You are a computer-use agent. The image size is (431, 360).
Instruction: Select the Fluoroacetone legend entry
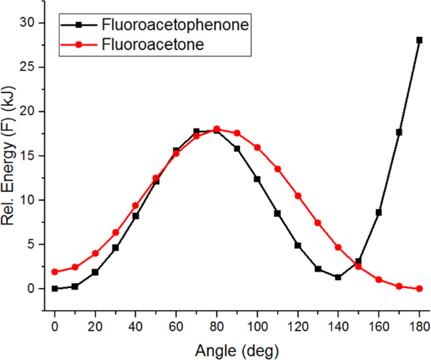click(154, 44)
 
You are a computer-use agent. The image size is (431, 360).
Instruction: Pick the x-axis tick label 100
click(257, 326)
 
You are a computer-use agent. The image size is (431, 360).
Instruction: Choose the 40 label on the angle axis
click(135, 326)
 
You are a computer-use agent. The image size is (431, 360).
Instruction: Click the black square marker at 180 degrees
click(420, 40)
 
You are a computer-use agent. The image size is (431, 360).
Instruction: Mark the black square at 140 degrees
click(338, 277)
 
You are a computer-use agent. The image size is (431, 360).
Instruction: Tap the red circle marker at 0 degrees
click(54, 272)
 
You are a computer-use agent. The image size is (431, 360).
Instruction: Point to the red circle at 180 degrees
click(420, 289)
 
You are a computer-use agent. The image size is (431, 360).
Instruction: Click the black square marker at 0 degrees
click(54, 289)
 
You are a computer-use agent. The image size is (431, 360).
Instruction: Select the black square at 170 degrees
click(399, 132)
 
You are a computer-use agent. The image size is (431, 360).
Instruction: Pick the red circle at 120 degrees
click(298, 196)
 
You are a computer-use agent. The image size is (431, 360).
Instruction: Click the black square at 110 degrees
click(277, 213)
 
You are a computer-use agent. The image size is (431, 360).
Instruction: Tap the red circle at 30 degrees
click(115, 232)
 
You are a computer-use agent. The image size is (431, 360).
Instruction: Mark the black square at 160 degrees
click(379, 212)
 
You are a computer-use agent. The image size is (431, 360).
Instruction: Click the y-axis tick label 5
click(31, 245)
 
